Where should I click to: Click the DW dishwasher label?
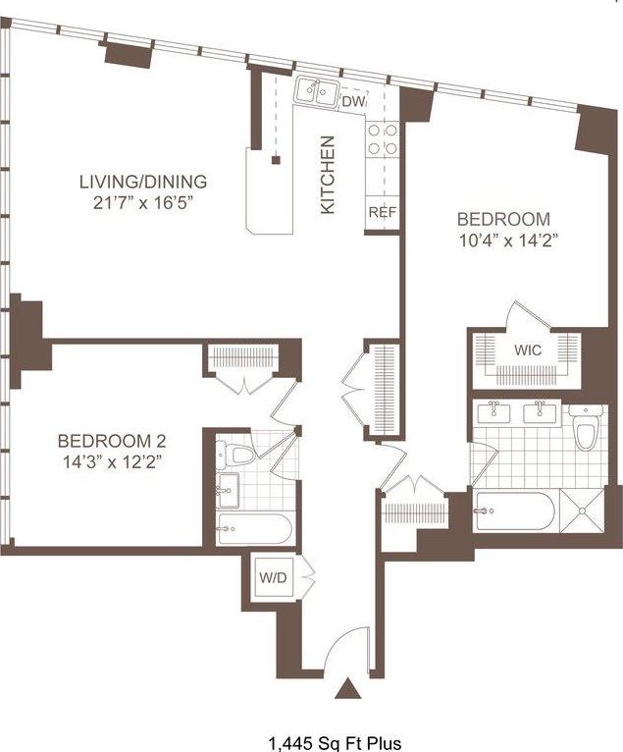(x=354, y=100)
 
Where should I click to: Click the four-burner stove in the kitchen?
(x=383, y=139)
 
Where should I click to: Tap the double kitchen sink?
(x=315, y=93)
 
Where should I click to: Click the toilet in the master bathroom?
(x=586, y=428)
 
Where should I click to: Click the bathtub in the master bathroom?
(x=514, y=510)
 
